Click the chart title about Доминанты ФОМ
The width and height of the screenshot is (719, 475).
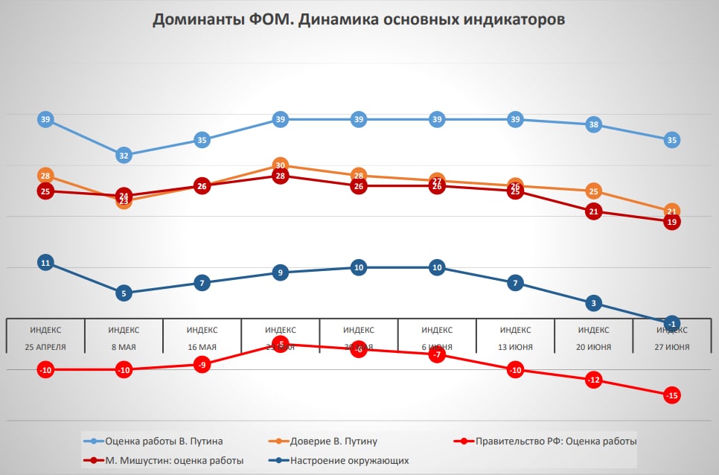(x=359, y=20)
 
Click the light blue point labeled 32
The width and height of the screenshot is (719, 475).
(x=124, y=156)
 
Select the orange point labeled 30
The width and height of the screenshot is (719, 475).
(x=280, y=165)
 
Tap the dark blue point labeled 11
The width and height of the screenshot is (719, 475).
(x=45, y=263)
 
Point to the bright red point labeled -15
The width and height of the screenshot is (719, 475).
(x=671, y=395)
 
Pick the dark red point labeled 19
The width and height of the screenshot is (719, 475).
(x=671, y=222)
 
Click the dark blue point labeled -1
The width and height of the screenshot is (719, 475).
(x=671, y=324)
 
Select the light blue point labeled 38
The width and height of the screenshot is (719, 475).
(x=593, y=125)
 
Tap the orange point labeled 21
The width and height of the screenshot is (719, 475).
(x=671, y=211)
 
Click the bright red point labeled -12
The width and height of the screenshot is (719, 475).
(x=593, y=380)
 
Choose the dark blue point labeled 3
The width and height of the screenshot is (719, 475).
(x=593, y=303)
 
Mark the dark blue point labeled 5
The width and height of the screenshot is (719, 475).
(x=124, y=293)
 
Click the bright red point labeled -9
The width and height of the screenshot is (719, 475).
(x=202, y=365)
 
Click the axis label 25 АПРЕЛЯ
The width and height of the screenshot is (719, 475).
(x=45, y=347)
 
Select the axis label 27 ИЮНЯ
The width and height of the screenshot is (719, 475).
(x=671, y=347)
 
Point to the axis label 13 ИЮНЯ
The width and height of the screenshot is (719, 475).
(x=515, y=347)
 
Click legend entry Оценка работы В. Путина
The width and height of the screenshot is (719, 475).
(x=164, y=441)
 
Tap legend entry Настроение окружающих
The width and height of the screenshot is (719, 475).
(x=349, y=460)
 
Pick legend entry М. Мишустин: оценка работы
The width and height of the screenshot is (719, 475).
(x=174, y=460)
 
